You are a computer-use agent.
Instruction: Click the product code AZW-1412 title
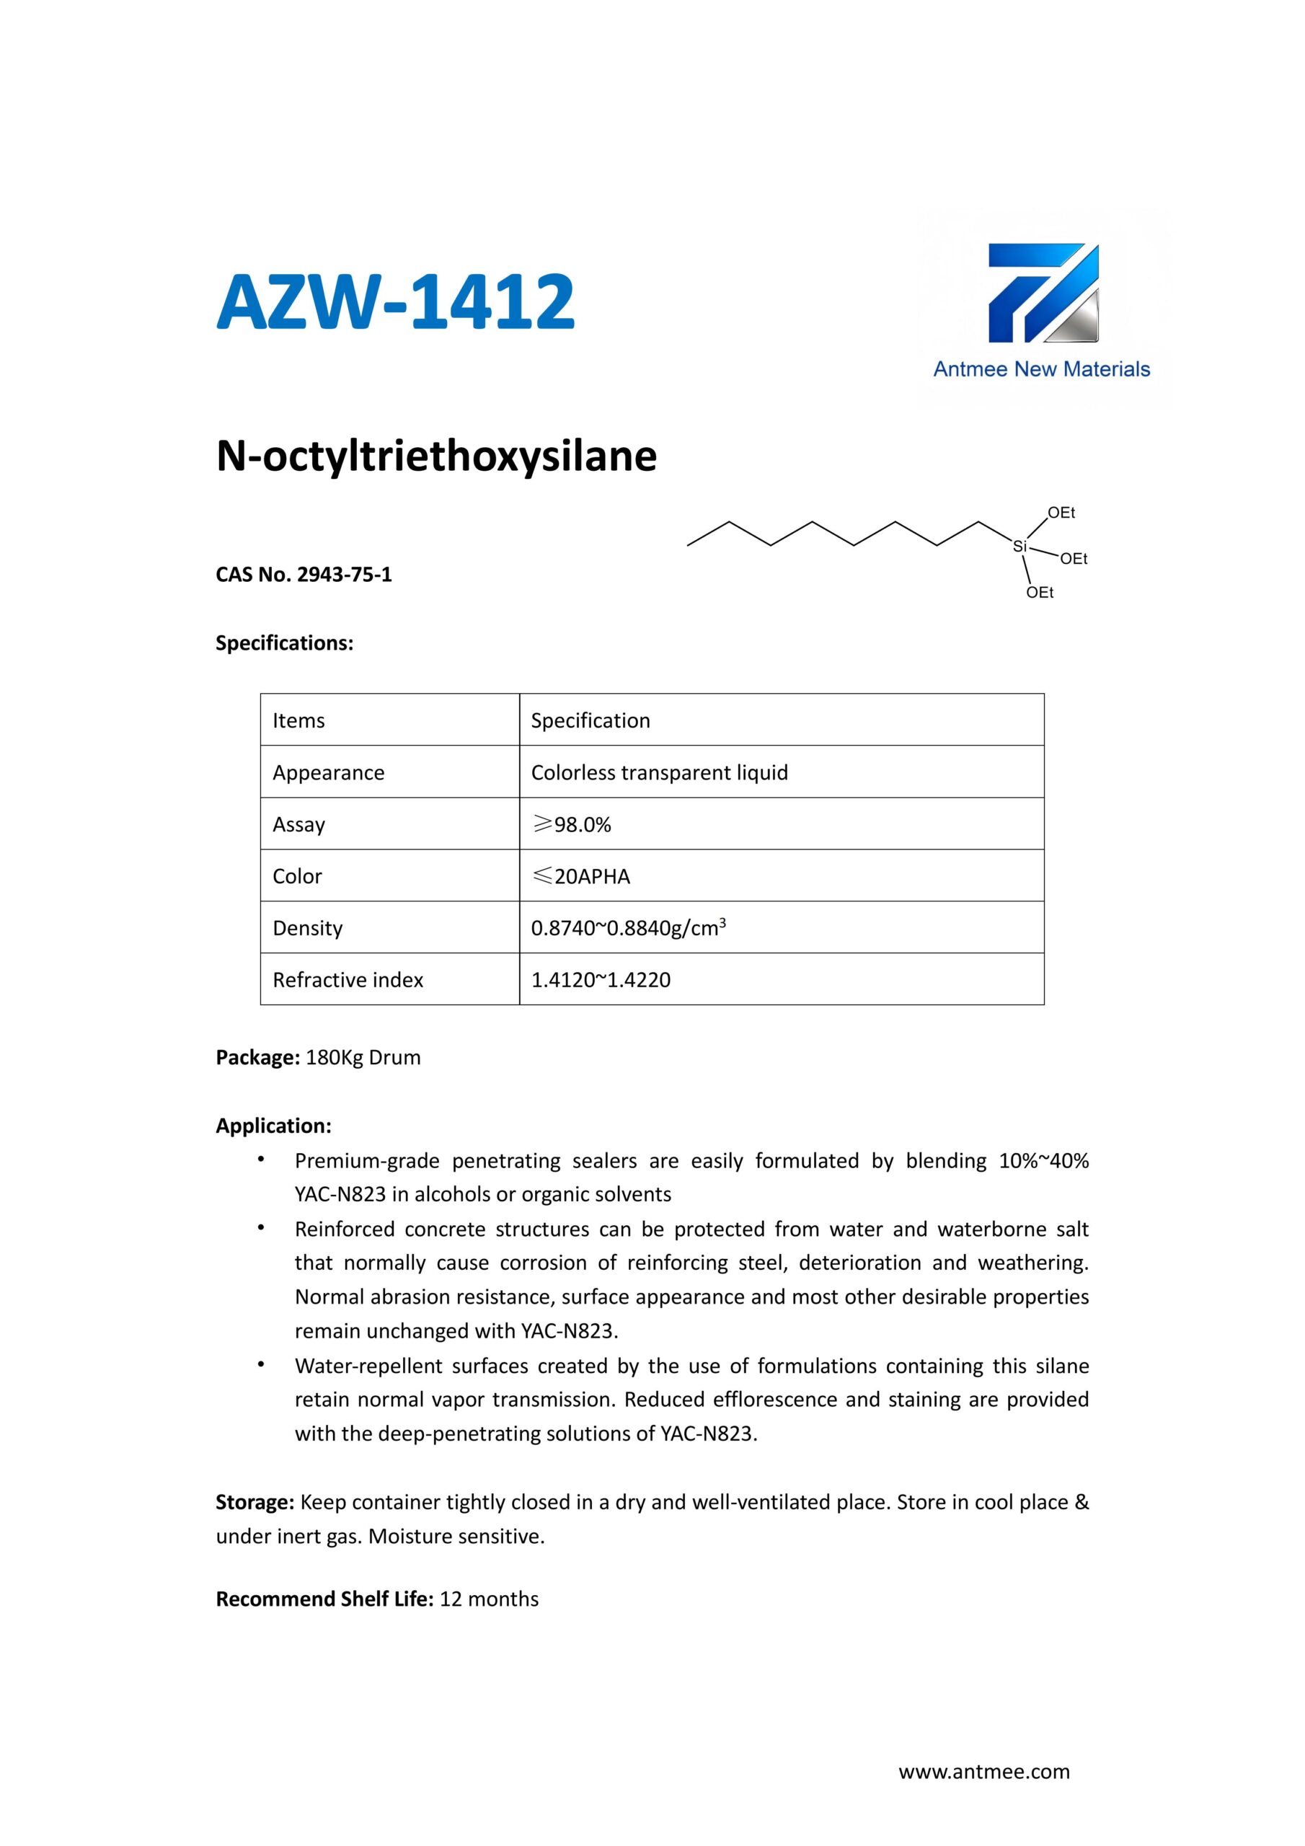point(396,302)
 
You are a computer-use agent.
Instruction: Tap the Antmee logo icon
point(1043,293)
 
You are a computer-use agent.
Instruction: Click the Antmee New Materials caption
point(1041,369)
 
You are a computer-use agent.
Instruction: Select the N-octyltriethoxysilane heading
point(437,456)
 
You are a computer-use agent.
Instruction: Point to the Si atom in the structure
point(1019,547)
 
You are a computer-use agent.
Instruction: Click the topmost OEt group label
point(1061,513)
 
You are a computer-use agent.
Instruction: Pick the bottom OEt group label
point(1040,593)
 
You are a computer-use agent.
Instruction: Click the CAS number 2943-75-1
point(344,575)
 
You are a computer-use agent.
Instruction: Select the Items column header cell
point(299,720)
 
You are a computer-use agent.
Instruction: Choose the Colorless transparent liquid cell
point(659,772)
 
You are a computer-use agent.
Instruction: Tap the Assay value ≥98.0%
point(572,825)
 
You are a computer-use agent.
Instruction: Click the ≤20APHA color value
point(581,876)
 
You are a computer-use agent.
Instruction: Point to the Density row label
point(308,929)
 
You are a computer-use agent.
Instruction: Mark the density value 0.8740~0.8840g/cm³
point(629,929)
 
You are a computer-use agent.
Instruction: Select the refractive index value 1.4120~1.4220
point(601,980)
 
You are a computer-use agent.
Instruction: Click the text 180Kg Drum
point(363,1057)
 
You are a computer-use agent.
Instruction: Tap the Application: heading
point(273,1126)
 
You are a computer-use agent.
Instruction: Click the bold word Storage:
point(256,1503)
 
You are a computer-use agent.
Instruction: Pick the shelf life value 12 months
point(489,1599)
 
